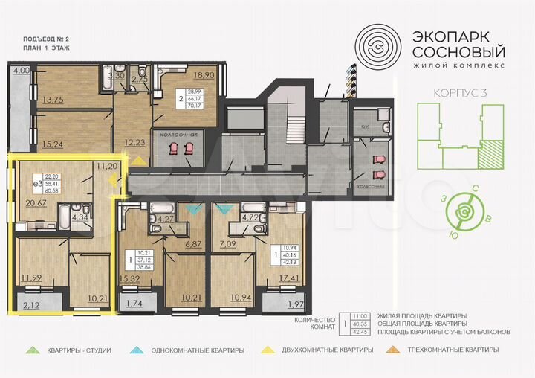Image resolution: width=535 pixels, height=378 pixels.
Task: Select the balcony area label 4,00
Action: click(20, 71)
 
